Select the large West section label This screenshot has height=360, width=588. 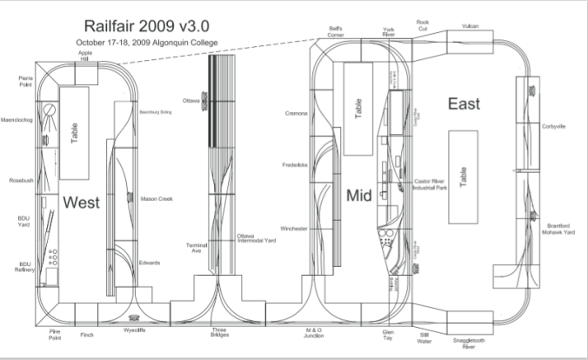coord(80,202)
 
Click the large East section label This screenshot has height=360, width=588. coord(464,104)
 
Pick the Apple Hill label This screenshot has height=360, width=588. coord(85,55)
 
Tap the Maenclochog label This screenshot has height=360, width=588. coord(17,119)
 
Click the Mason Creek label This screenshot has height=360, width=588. coord(157,199)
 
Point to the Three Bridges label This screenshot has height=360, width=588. coord(220,333)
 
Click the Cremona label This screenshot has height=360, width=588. coord(296,113)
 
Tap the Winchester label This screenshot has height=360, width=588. coord(293,228)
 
